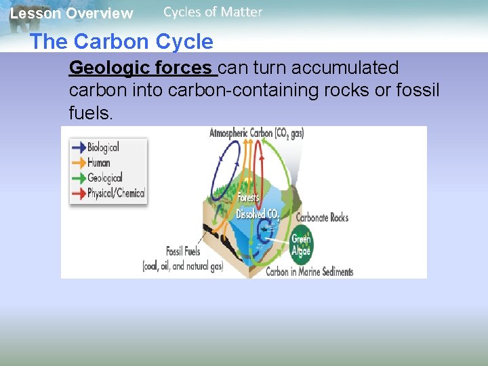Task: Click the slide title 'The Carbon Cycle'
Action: tap(121, 42)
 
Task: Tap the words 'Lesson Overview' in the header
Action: tap(72, 14)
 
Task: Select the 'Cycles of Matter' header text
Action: tap(213, 12)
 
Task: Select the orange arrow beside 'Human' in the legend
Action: tap(79, 163)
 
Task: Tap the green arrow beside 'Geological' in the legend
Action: tap(79, 178)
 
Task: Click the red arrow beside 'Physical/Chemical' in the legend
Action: tap(79, 193)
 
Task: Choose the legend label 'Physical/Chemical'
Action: tap(116, 193)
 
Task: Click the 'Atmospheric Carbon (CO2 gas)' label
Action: tap(257, 133)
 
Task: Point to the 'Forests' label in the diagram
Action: tap(247, 198)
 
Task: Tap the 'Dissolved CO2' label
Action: tap(258, 214)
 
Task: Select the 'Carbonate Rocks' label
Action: tap(323, 218)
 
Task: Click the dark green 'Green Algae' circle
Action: tap(300, 245)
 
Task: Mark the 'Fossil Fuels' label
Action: tap(183, 251)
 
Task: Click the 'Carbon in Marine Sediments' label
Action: tap(310, 272)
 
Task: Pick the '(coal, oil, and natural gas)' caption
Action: tap(182, 266)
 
